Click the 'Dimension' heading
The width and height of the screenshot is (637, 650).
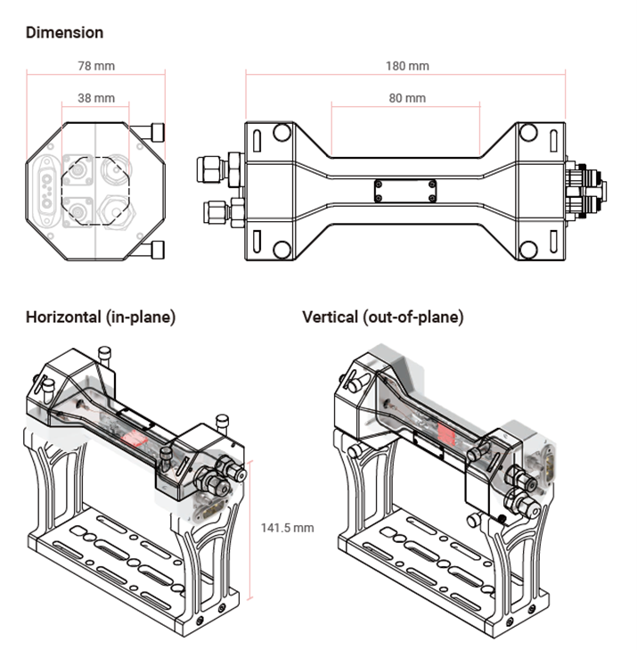(x=65, y=33)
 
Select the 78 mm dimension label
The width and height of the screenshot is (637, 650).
(x=96, y=66)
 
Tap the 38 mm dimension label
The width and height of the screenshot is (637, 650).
(x=96, y=97)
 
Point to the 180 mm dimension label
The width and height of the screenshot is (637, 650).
(x=407, y=66)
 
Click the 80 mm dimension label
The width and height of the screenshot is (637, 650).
(x=407, y=97)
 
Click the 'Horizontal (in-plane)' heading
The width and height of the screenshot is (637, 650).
(x=101, y=317)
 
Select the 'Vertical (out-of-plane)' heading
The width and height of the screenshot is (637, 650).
(x=383, y=317)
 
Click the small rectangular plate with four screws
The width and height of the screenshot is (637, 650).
(x=406, y=190)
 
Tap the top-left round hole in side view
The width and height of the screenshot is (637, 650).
(x=282, y=134)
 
